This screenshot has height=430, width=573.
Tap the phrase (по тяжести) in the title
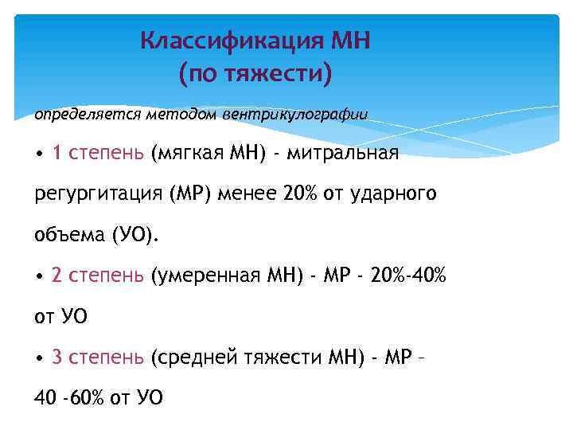pos(255,75)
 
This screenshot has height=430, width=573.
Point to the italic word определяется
pos(75,114)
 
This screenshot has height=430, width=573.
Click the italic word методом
pos(170,114)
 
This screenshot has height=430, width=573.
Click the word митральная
pos(351,153)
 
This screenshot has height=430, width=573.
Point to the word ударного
pos(399,193)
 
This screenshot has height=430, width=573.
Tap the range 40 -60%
pos(68,397)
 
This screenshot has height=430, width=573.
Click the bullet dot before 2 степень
pos(39,276)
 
